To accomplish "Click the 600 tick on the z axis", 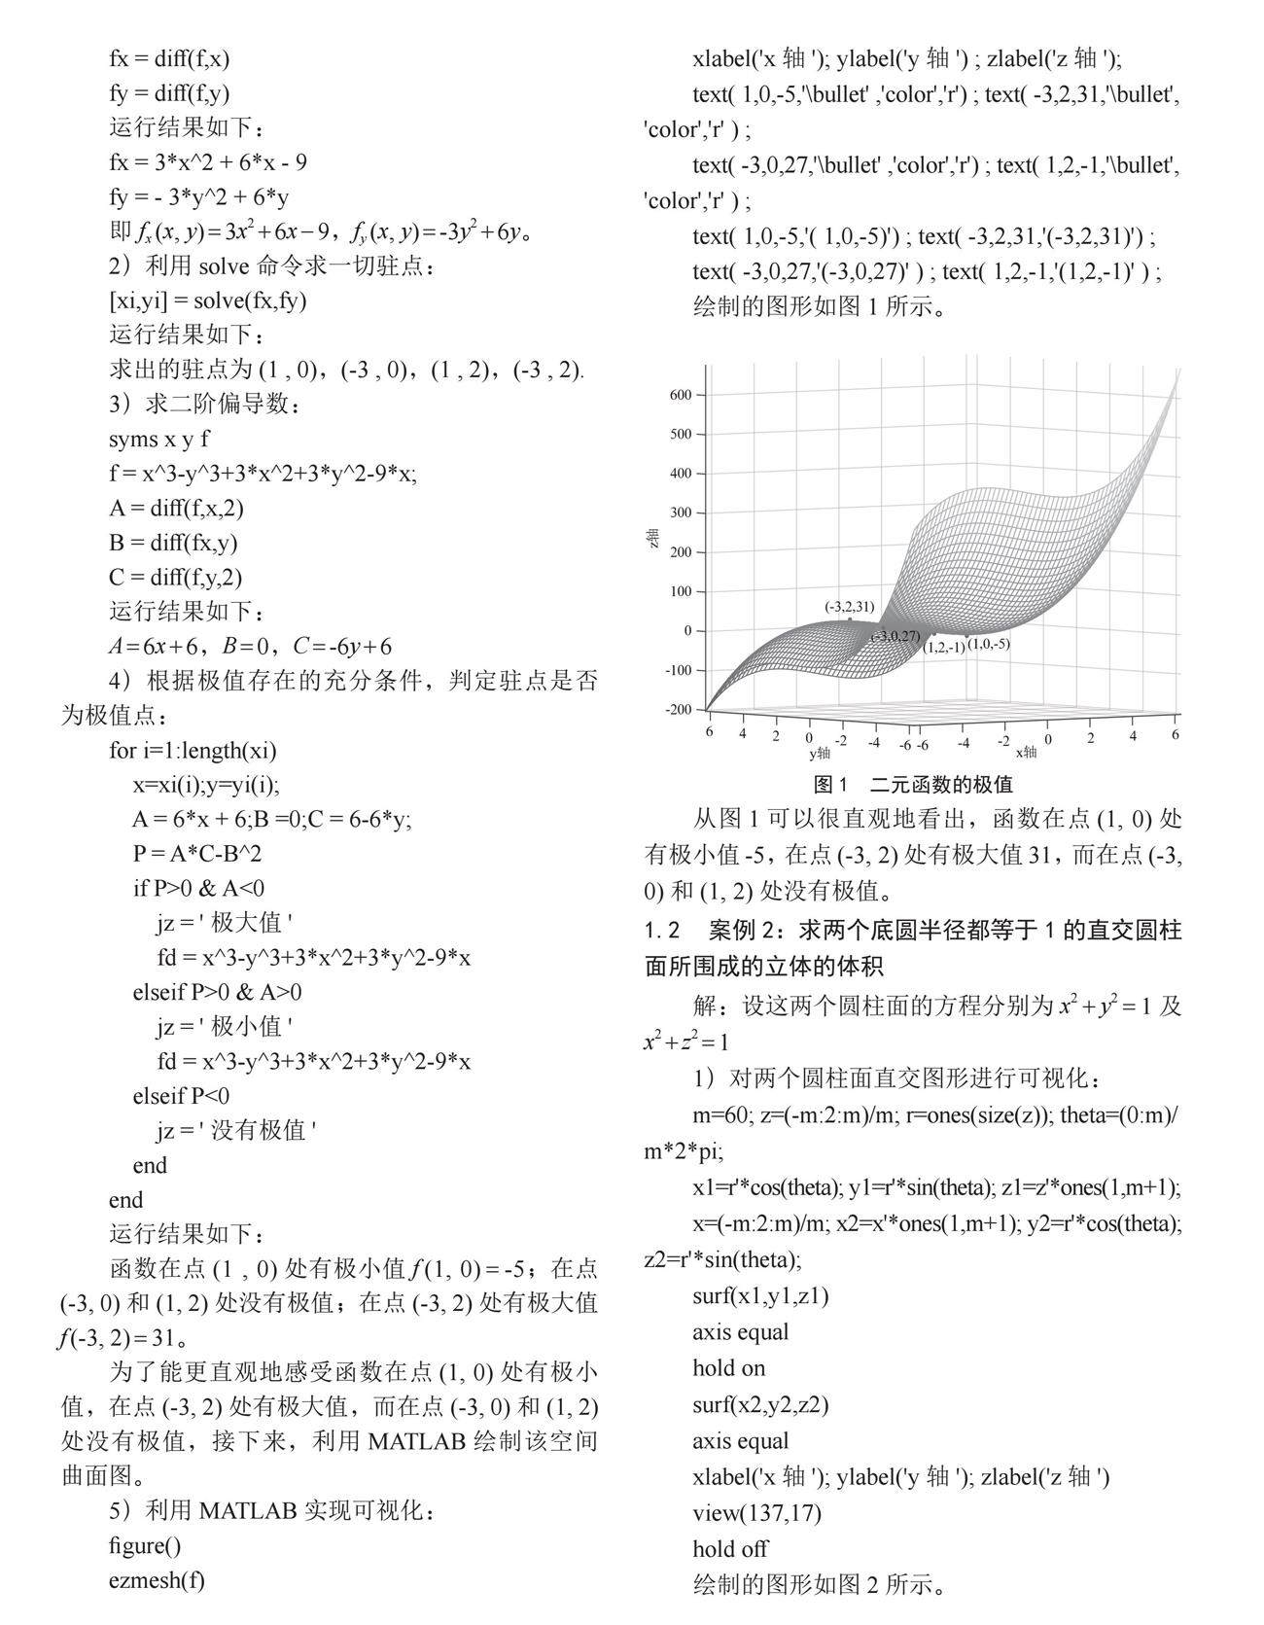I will click(680, 395).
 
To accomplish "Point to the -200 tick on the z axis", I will click(678, 709).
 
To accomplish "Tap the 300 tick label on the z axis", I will click(680, 512).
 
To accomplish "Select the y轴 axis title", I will click(820, 753).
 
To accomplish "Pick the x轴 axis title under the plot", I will click(1026, 752).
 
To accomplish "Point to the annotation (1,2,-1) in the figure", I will click(944, 647).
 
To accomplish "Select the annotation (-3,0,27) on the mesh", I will click(896, 636).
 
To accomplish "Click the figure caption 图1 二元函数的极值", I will click(913, 784).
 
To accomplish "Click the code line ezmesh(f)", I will click(157, 1580).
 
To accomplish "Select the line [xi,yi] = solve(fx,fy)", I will click(208, 300).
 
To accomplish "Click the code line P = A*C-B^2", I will click(197, 854).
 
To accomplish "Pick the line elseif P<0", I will click(182, 1096).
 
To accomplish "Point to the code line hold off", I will click(730, 1548).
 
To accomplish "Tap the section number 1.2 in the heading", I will click(663, 931).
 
